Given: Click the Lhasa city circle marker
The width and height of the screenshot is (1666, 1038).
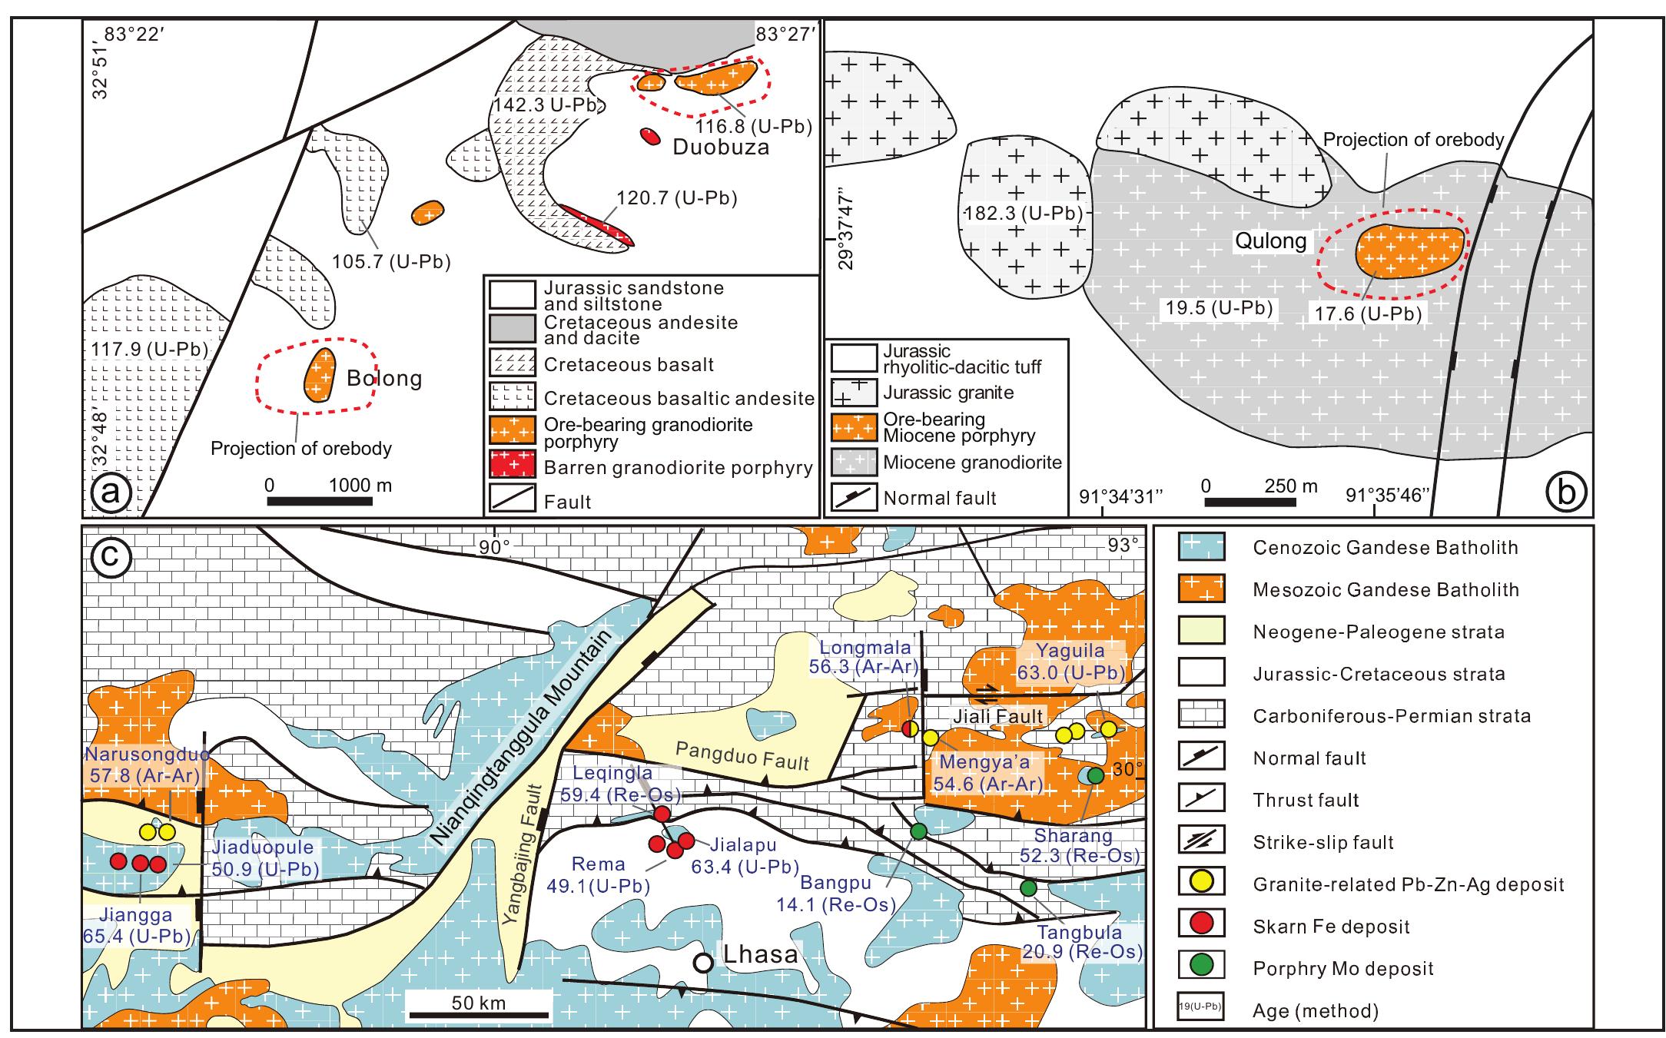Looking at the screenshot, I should (701, 963).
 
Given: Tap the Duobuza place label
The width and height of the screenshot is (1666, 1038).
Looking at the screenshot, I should (721, 148).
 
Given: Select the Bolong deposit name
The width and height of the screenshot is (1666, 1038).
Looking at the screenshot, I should (384, 379).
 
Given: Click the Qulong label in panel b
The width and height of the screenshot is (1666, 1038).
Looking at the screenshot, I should (1270, 241).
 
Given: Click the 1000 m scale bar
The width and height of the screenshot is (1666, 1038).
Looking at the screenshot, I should (320, 502).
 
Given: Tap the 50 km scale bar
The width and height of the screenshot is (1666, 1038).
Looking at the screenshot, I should (479, 1015).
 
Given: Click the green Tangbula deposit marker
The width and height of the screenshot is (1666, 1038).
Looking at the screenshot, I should (1028, 888).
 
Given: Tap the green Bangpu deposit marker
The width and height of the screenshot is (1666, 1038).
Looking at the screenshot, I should (918, 831).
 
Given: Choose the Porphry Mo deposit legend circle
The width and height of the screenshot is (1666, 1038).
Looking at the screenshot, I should (1200, 967).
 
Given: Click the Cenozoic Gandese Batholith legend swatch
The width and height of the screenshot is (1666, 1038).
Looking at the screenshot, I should (1201, 548).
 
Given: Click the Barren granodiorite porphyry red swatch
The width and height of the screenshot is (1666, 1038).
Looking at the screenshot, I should (512, 467).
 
